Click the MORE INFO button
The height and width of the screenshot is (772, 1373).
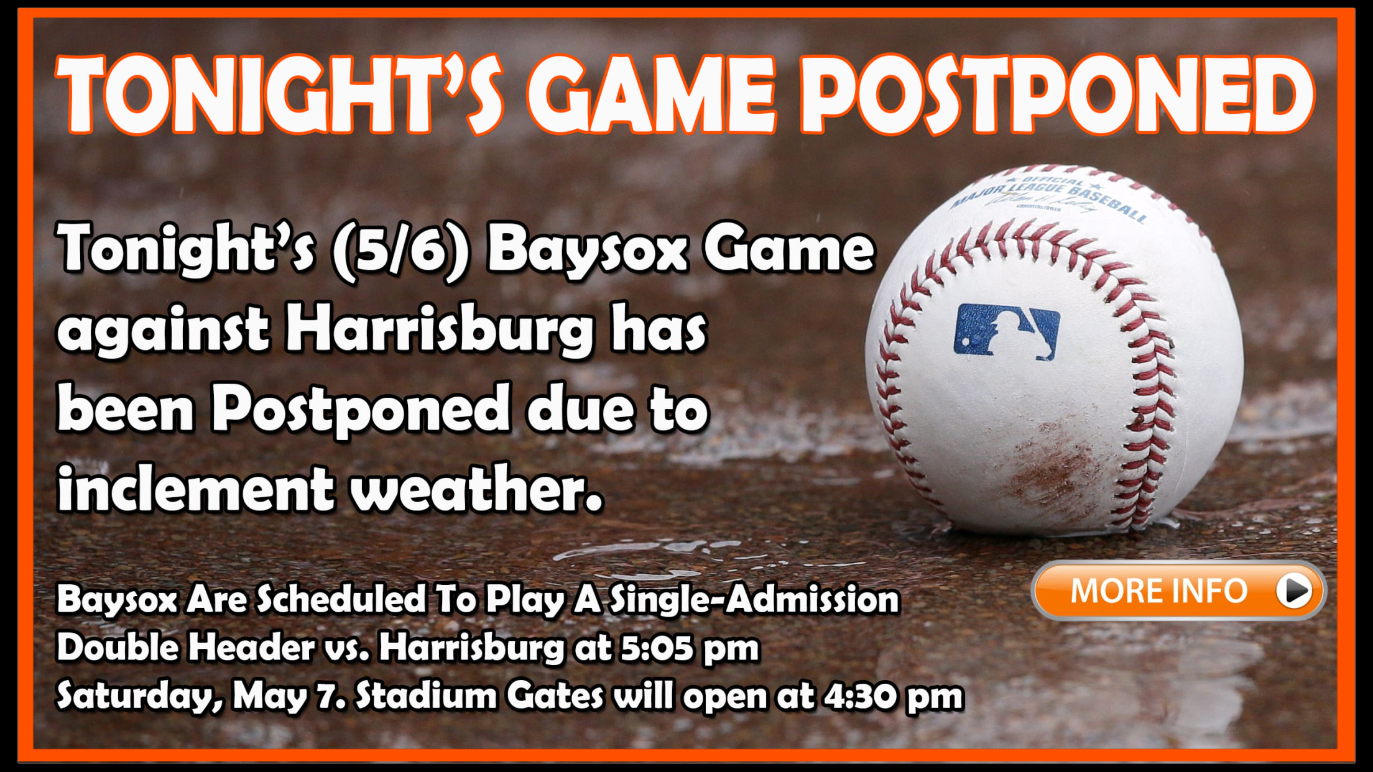[x=1178, y=590]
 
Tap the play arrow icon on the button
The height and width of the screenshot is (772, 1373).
[x=1295, y=590]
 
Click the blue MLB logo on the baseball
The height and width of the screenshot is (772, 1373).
[x=1007, y=332]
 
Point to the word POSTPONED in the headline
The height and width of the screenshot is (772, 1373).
[x=1057, y=94]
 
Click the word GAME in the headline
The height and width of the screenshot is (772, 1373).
[x=651, y=94]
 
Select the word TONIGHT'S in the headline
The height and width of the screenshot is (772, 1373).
[x=279, y=94]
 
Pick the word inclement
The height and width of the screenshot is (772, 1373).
[x=195, y=487]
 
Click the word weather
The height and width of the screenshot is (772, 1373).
[x=476, y=487]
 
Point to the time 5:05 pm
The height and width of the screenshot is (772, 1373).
[x=690, y=648]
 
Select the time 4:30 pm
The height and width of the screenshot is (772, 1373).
[x=894, y=696]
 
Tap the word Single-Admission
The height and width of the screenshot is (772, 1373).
[x=754, y=600]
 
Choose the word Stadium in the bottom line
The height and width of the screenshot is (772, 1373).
[x=426, y=696]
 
